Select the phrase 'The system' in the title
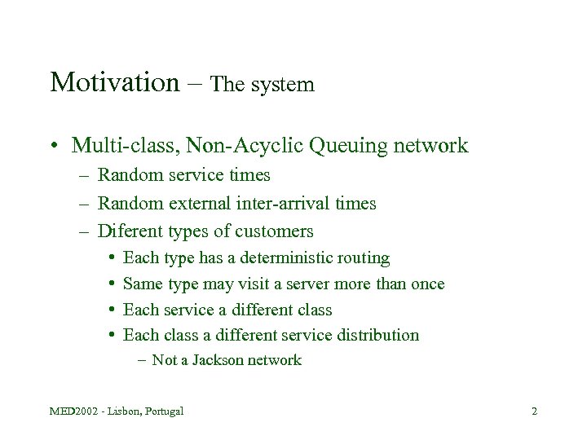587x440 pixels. point(262,85)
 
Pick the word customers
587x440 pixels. point(273,231)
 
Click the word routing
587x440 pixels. point(363,258)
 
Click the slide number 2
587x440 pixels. point(534,411)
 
